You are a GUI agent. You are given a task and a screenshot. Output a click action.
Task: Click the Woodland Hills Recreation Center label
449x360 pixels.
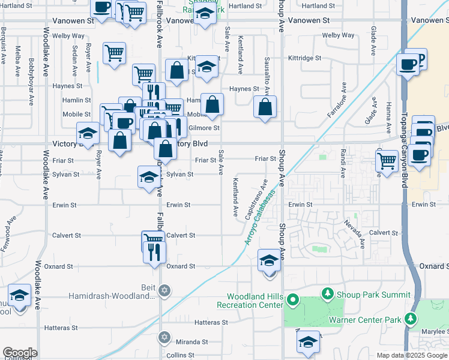[255, 301]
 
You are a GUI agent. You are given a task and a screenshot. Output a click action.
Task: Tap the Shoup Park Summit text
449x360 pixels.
[373, 294]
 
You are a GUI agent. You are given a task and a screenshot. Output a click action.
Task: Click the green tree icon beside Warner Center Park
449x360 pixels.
[411, 319]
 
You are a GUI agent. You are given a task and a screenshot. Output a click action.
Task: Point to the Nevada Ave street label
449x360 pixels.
[354, 234]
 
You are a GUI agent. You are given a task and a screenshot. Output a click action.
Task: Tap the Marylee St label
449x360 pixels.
[435, 331]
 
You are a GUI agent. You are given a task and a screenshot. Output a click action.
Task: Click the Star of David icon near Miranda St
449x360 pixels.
[164, 337]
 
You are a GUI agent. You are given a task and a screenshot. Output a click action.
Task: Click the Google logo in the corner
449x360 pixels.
[20, 353]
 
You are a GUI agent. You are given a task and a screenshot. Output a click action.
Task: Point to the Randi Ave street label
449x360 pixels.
[342, 163]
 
